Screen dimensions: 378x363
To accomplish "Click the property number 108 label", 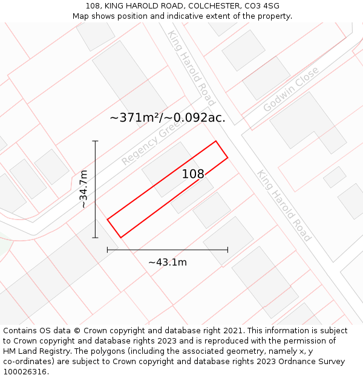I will click(193, 174).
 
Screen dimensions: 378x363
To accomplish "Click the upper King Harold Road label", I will click(191, 67).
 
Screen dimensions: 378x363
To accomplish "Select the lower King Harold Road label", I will click(284, 205).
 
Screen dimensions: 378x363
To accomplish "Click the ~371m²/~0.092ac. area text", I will click(167, 118).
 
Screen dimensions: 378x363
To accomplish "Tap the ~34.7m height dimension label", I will click(83, 189).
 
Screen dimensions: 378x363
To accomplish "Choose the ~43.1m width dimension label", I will click(168, 262).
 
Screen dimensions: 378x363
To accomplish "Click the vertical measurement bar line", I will click(95, 189).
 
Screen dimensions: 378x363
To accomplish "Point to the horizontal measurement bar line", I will click(168, 249).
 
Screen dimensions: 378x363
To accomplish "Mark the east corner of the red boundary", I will click(227, 158).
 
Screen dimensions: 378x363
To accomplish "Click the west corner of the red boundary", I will click(108, 220).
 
